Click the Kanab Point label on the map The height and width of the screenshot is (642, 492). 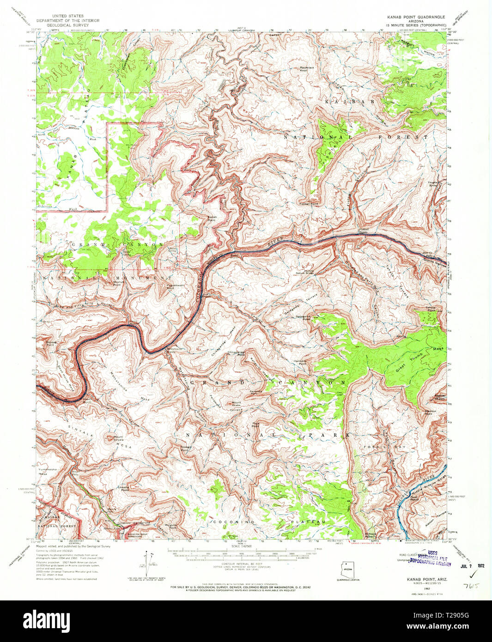(x=212, y=218)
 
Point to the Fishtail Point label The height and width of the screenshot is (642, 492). (x=309, y=204)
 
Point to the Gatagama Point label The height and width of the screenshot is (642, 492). (x=300, y=318)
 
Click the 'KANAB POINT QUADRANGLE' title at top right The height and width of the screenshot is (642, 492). (x=416, y=17)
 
